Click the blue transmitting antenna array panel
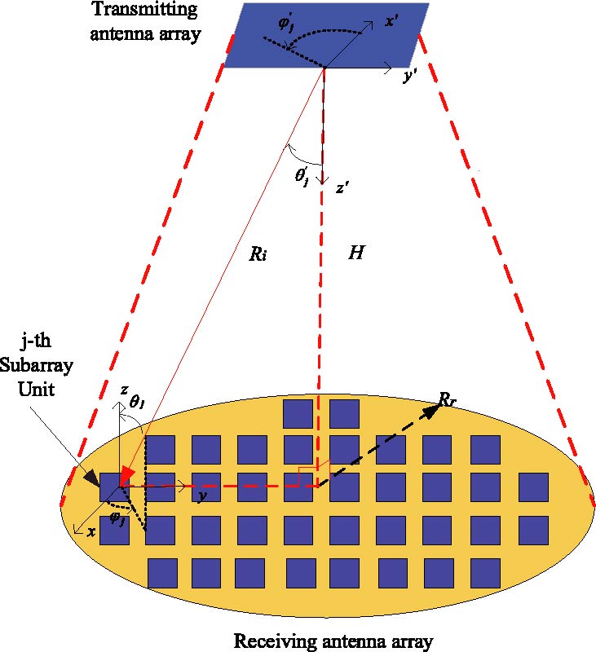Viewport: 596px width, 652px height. (326, 36)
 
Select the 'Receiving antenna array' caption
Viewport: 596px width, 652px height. (333, 640)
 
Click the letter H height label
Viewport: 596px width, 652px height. (356, 253)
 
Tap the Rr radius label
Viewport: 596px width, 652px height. (447, 399)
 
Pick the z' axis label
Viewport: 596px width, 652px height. (342, 189)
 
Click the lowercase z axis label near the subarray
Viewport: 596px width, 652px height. (123, 392)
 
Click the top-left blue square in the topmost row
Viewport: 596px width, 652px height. (298, 413)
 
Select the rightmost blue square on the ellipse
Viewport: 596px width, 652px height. (532, 487)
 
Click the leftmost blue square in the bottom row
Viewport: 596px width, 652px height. (161, 572)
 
